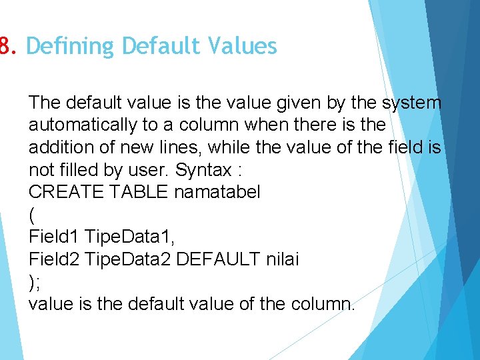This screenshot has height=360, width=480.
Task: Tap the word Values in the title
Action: tap(243, 46)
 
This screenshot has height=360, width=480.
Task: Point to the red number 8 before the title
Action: tap(7, 46)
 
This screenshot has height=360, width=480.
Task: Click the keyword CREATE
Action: tap(66, 192)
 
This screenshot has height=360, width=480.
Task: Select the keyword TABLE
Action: tap(139, 192)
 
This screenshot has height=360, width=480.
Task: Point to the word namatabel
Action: tap(217, 192)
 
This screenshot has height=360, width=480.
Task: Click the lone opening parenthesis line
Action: tap(32, 215)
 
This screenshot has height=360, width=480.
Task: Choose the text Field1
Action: tap(53, 237)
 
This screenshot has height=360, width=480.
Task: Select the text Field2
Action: tap(53, 259)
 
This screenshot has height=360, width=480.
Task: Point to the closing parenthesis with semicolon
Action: tap(35, 281)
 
